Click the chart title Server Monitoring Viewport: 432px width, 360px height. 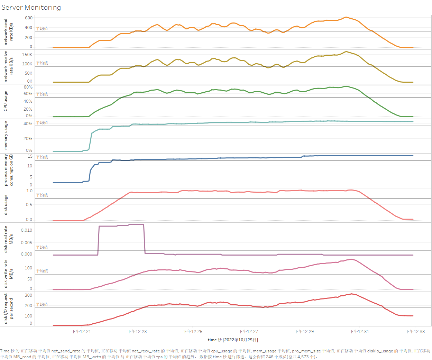pyautogui.click(x=31, y=7)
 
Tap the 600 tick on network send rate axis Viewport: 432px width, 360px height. pyautogui.click(x=29, y=18)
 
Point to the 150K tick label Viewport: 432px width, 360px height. pyautogui.click(x=27, y=55)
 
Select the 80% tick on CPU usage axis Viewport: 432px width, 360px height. pyautogui.click(x=28, y=87)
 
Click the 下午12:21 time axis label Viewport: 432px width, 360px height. pyautogui.click(x=82, y=332)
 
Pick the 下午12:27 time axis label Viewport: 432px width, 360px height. pyautogui.click(x=249, y=332)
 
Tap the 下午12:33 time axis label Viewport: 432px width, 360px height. pyautogui.click(x=415, y=332)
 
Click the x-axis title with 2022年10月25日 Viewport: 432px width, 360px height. pyautogui.click(x=233, y=340)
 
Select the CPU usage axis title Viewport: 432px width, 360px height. pyautogui.click(x=6, y=101)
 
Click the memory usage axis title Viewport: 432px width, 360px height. pyautogui.click(x=6, y=135)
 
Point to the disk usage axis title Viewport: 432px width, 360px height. pyautogui.click(x=6, y=205)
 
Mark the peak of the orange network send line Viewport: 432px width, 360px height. pyautogui.click(x=346, y=17)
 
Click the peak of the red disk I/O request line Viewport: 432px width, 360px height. pyautogui.click(x=351, y=294)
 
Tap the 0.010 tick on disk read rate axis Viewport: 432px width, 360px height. pyautogui.click(x=27, y=230)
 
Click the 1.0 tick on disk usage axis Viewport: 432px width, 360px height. pyautogui.click(x=29, y=191)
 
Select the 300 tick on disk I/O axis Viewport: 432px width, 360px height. pyautogui.click(x=28, y=295)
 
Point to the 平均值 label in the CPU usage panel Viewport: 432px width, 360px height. pyautogui.click(x=42, y=94)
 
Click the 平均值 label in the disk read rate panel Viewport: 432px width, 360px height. pyautogui.click(x=42, y=247)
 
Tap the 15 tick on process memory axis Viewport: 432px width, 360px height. pyautogui.click(x=30, y=156)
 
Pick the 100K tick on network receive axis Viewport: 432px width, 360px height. pyautogui.click(x=27, y=64)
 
